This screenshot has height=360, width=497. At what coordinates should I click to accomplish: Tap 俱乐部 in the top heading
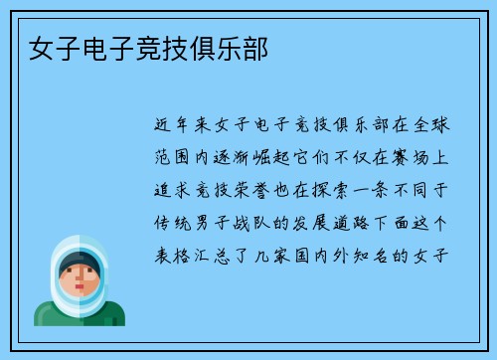click(231, 47)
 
